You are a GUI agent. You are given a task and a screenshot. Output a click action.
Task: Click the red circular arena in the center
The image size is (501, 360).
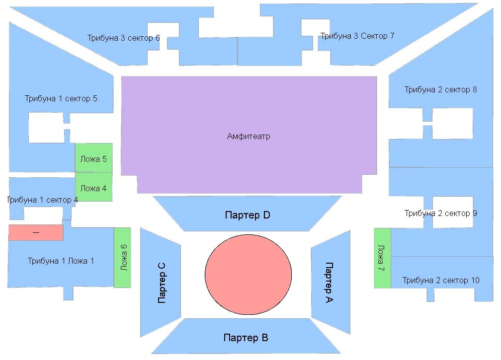click(x=248, y=275)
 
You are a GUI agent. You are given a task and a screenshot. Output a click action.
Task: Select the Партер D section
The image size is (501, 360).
click(x=247, y=216)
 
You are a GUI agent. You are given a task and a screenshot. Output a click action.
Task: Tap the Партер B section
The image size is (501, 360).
click(x=246, y=338)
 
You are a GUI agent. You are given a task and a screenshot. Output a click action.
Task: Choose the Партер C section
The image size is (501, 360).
click(x=161, y=283)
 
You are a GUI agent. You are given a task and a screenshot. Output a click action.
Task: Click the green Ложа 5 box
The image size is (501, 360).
click(x=93, y=159)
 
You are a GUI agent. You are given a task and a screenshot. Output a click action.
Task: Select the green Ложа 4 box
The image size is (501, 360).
click(x=93, y=188)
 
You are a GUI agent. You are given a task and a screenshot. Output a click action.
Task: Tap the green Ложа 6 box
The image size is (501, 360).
click(x=123, y=257)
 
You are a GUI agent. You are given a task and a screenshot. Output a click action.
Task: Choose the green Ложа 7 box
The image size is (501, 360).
click(x=382, y=257)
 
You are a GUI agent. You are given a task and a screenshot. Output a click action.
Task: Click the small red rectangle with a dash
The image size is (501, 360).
click(x=36, y=232)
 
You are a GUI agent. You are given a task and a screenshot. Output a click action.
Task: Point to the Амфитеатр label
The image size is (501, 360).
click(x=249, y=136)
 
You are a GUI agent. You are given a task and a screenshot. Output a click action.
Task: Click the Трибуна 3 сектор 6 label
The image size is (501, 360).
click(x=124, y=38)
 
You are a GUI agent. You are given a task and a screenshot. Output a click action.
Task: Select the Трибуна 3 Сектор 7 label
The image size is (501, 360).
click(x=357, y=36)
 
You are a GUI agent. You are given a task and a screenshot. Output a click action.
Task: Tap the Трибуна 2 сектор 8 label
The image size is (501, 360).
click(x=440, y=90)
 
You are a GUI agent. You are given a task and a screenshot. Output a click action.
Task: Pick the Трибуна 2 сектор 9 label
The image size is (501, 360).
click(x=440, y=214)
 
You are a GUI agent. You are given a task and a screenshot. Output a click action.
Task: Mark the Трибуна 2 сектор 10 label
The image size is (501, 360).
click(x=441, y=281)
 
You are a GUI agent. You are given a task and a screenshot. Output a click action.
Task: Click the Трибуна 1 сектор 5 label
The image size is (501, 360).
click(x=61, y=98)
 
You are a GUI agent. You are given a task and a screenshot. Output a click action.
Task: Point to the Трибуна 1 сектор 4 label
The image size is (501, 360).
click(x=42, y=200)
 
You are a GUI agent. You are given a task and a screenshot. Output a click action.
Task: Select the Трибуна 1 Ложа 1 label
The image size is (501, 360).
click(x=61, y=261)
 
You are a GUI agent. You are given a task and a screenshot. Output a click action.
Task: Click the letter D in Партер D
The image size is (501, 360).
click(x=266, y=216)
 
